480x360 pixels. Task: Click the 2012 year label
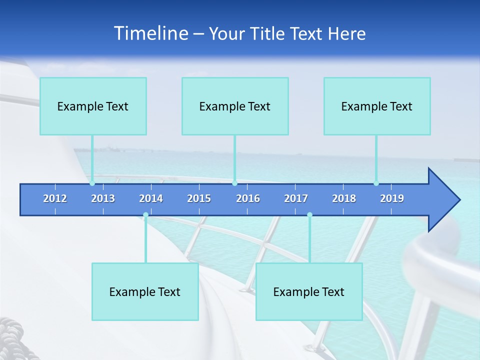[55, 198]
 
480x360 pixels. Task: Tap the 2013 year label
[103, 198]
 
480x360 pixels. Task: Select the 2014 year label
[151, 198]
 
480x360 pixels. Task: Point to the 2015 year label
[199, 198]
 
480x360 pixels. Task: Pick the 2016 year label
[248, 198]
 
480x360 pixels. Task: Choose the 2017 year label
[296, 198]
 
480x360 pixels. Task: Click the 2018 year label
[344, 198]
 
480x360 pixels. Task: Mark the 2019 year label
[392, 198]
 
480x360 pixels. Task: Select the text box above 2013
[93, 106]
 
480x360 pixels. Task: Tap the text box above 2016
[235, 106]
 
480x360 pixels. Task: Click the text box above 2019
[377, 106]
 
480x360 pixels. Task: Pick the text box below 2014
[145, 291]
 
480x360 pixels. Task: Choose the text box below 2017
[309, 291]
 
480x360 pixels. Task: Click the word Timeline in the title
[150, 33]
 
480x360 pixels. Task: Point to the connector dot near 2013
[92, 183]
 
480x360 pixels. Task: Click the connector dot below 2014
[145, 215]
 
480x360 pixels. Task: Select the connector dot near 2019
[376, 183]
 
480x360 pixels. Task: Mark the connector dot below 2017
[309, 215]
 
